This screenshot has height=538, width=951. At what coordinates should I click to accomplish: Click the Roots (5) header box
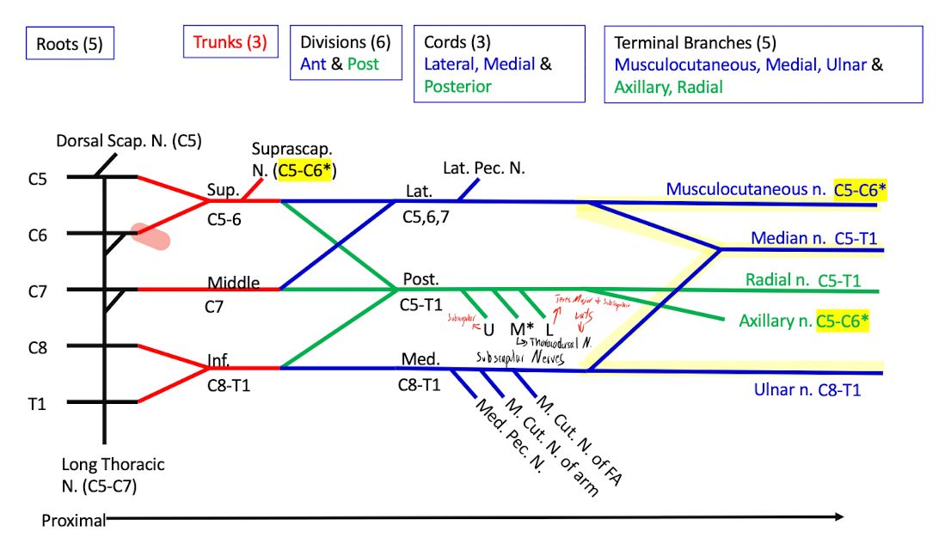70,44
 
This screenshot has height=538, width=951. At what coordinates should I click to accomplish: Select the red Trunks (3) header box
230,41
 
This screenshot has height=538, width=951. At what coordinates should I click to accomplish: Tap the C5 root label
37,179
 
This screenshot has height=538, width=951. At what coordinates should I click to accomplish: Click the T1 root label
36,402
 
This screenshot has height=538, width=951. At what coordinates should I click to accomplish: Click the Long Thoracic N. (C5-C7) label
113,475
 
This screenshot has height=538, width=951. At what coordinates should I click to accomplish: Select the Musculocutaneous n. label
745,190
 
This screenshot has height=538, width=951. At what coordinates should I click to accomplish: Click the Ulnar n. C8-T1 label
807,390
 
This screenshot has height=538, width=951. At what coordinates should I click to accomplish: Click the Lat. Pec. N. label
483,168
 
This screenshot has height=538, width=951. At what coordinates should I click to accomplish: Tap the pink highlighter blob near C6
150,235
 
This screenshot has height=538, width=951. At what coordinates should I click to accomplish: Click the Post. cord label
421,280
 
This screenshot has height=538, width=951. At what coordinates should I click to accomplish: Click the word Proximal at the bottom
73,519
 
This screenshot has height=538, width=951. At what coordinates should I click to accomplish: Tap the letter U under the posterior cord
488,328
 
